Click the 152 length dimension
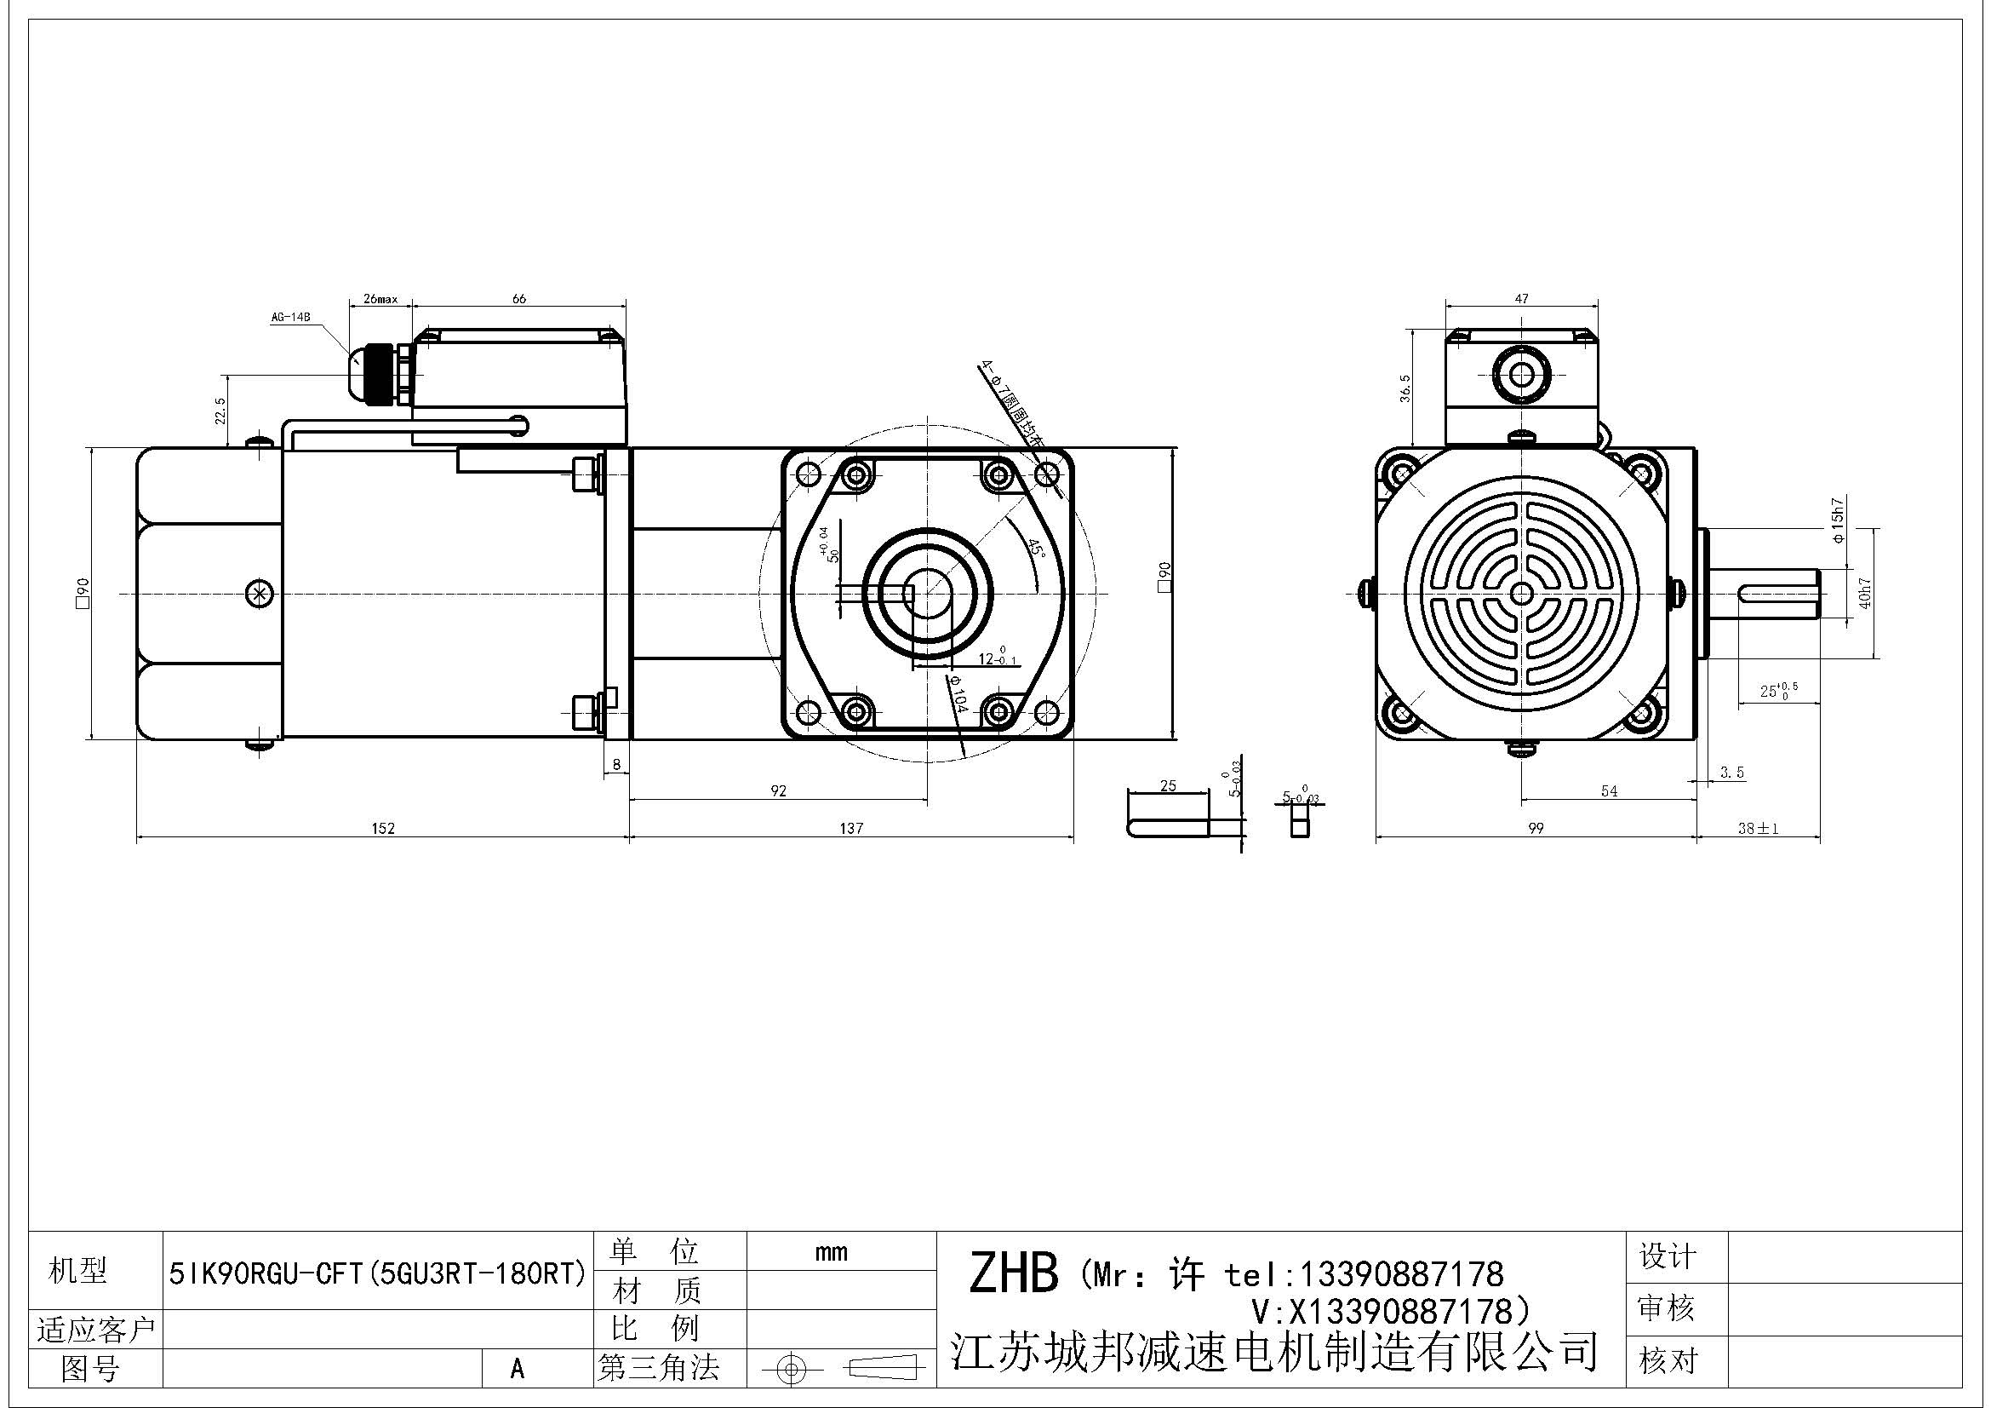tap(382, 829)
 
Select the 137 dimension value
tap(850, 829)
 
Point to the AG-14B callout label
tap(290, 318)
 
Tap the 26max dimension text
tap(380, 299)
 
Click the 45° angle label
tap(1035, 549)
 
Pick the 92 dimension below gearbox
tap(778, 790)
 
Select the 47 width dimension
tap(1521, 298)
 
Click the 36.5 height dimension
tap(1405, 388)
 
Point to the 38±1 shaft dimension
tap(1758, 829)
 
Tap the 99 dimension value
tap(1535, 829)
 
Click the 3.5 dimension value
tap(1731, 772)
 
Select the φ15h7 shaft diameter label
tap(1837, 520)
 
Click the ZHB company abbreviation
tap(1013, 1273)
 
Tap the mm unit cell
tap(831, 1252)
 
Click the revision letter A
tap(518, 1369)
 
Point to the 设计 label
tap(1667, 1256)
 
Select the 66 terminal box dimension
tap(518, 298)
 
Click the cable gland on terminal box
tap(380, 373)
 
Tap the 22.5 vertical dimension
tap(220, 411)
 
